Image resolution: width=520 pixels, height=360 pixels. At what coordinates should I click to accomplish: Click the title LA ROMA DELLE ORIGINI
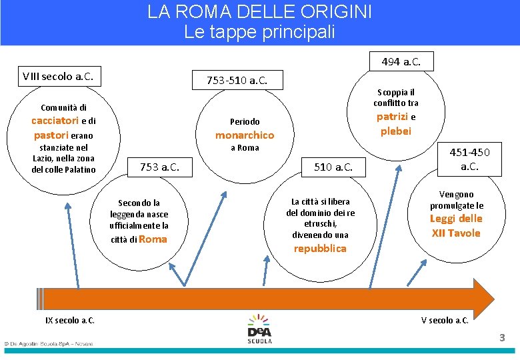click(259, 12)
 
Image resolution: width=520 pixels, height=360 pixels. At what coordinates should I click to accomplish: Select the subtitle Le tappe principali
click(259, 31)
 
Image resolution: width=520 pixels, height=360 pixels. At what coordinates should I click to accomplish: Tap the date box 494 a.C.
click(401, 61)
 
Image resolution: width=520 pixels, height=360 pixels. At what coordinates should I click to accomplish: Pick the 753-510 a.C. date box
click(237, 81)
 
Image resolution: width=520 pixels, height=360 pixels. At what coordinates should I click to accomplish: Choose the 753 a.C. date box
click(164, 167)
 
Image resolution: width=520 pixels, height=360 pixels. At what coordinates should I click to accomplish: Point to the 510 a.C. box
click(333, 167)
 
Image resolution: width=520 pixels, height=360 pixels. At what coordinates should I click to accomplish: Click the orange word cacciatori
click(55, 121)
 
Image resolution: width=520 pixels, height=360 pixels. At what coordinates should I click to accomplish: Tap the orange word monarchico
click(244, 135)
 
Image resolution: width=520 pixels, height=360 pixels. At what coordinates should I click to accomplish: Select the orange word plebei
click(396, 131)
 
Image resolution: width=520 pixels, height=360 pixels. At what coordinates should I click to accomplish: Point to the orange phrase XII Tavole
click(456, 233)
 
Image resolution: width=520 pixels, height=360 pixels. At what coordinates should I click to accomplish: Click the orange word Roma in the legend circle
click(153, 239)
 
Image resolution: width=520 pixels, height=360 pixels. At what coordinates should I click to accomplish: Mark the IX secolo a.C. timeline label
click(70, 321)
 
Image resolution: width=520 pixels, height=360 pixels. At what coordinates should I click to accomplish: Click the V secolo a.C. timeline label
click(445, 321)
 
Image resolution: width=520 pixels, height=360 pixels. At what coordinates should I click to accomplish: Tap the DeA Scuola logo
click(259, 329)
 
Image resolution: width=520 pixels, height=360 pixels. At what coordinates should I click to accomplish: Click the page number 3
click(502, 338)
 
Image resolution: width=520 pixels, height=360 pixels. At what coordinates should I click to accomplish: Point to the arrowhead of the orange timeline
click(485, 295)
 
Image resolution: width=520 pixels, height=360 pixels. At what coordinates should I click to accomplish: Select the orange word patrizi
click(391, 117)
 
